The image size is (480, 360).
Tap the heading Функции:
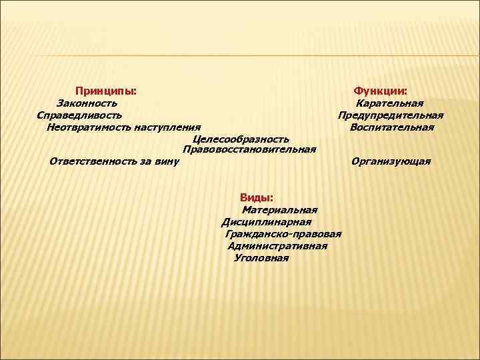381,90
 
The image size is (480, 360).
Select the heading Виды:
257,197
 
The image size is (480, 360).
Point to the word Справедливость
79,115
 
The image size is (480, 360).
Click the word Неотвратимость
89,127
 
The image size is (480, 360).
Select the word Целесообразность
241,139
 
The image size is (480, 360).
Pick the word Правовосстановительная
249,149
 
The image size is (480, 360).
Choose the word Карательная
390,103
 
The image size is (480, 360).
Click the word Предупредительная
391,115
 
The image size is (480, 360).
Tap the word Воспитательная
392,127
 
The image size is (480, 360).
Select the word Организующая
391,161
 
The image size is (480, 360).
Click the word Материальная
279,210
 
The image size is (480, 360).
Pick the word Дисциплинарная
267,222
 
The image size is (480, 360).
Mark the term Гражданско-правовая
283,234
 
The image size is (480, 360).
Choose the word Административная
277,246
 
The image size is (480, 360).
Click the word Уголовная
262,258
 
